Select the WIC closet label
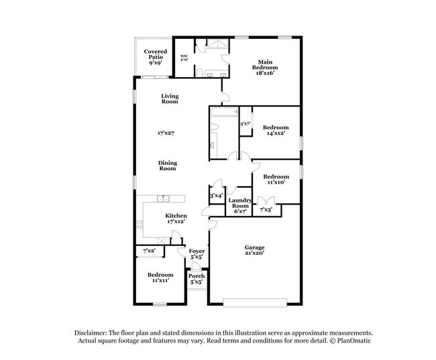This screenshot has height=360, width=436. click(x=184, y=58)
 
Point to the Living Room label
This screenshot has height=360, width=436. click(x=169, y=99)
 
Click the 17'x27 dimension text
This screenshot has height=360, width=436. click(x=166, y=133)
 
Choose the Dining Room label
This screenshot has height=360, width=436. click(x=167, y=165)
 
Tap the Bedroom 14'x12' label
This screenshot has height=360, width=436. click(x=275, y=130)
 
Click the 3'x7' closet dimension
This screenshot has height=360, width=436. click(x=246, y=123)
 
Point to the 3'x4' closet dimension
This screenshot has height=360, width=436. click(x=216, y=196)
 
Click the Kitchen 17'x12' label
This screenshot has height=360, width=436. click(x=167, y=218)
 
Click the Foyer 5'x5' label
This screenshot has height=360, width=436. click(x=197, y=253)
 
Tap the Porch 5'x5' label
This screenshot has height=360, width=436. click(x=197, y=279)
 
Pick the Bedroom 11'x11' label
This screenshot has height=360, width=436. click(x=160, y=277)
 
